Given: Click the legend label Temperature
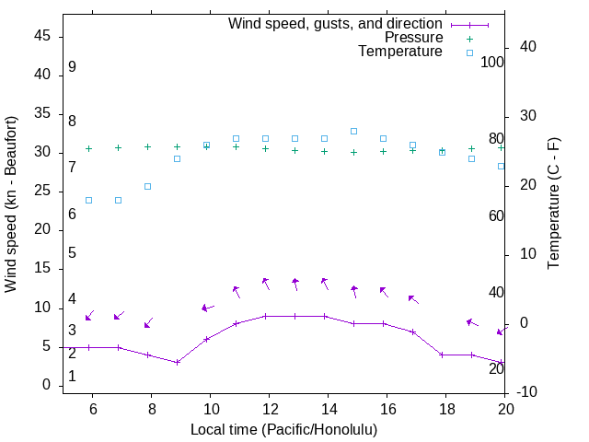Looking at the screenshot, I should (399, 52).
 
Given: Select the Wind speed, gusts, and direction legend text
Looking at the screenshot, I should (335, 23).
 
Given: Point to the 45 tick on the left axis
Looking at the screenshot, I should (42, 36).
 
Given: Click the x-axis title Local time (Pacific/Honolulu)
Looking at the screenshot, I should (283, 430).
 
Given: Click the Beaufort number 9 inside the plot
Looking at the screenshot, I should (72, 67).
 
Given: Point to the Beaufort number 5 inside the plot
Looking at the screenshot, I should (72, 253).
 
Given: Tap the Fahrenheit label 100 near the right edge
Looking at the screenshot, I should (492, 63).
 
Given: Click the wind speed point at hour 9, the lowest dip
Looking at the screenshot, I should (178, 362).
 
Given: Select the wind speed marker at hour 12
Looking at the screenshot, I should (266, 316).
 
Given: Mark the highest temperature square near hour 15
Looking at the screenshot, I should (354, 131).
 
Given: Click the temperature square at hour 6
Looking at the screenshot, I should (89, 200).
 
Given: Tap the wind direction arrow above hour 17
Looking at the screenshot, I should (413, 299).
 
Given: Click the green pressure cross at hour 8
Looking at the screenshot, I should (148, 146).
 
